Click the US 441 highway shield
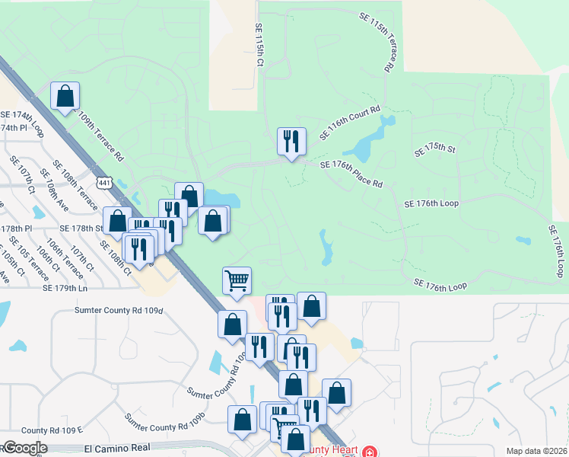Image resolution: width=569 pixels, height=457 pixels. point(104,182)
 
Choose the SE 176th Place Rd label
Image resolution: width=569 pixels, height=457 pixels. point(351,174)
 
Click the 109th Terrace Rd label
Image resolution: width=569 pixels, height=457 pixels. point(100,138)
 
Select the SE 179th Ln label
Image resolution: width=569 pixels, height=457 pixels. point(62,289)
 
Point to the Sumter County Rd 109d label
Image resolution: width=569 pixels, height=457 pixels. point(119,310)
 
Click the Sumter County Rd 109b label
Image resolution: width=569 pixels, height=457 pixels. point(166,420)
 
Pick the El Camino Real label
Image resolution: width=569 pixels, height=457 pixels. point(117,449)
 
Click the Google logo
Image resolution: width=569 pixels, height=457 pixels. point(24,448)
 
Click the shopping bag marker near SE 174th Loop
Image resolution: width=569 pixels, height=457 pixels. point(65,96)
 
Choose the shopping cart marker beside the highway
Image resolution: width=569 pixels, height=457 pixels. point(237,280)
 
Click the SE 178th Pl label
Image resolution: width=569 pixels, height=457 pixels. point(17,228)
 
